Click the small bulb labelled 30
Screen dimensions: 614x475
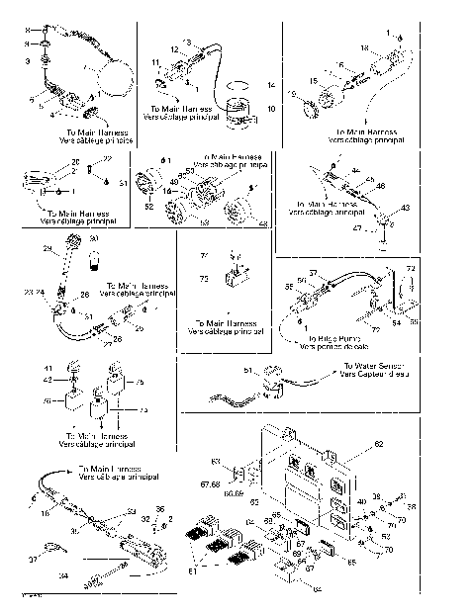[95, 259]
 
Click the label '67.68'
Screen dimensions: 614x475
[210, 485]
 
